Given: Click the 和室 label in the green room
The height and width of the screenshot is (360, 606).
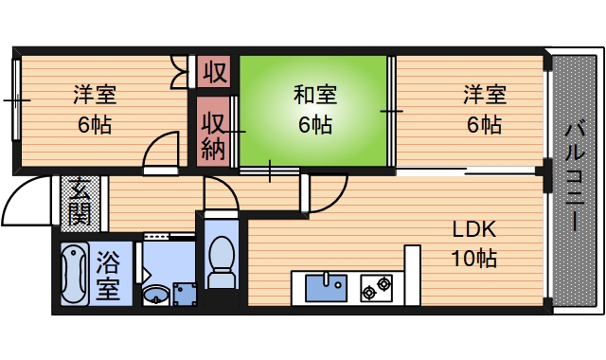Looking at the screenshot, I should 315,95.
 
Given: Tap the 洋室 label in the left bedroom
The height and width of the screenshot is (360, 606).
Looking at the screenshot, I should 96,95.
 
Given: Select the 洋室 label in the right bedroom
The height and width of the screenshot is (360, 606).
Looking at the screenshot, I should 484,95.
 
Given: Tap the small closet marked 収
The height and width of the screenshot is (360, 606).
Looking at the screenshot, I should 216,72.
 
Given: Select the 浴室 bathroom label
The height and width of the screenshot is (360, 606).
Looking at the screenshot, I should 107,273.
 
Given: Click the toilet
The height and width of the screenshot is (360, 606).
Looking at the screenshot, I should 222,261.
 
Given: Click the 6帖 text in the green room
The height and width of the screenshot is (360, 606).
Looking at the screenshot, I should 315,124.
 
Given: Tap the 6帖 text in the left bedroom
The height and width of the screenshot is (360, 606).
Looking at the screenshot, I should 96,124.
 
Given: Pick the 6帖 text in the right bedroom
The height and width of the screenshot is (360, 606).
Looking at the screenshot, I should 484,124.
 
